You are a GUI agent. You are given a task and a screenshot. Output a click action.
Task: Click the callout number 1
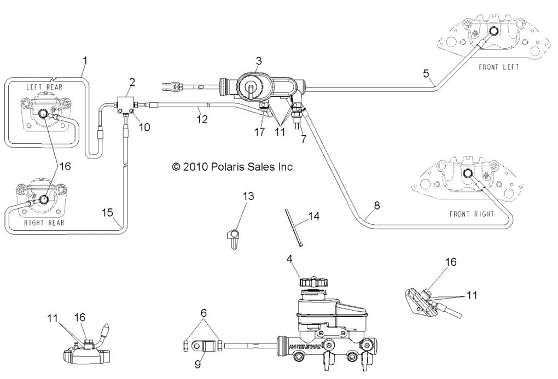coord(85,59)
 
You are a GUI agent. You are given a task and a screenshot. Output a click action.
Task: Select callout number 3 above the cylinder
coord(259,61)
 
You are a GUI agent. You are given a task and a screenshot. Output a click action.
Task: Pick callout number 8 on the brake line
coord(376,206)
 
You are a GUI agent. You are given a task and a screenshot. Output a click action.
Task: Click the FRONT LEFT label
coord(498,67)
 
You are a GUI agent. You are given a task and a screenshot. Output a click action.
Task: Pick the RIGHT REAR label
coord(44,223)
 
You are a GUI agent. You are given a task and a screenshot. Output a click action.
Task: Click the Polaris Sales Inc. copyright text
coord(234,167)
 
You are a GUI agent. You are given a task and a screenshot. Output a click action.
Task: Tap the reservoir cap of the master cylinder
coord(309,282)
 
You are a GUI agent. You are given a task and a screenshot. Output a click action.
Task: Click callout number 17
coord(259,132)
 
